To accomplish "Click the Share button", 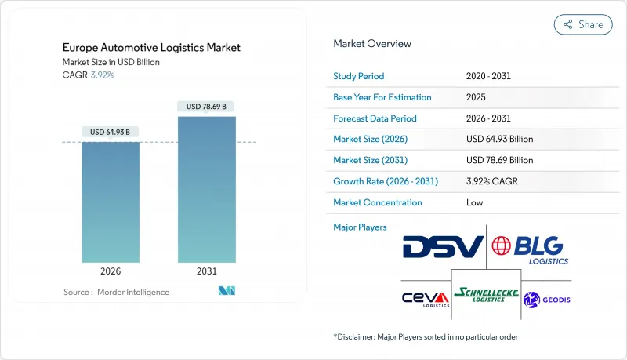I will tap(583, 24).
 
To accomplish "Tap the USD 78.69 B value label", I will tap(206, 106).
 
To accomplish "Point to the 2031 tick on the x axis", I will tap(206, 271).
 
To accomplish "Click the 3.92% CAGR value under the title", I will tap(102, 75).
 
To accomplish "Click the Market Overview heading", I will tap(372, 43).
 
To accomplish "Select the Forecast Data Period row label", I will tap(375, 118).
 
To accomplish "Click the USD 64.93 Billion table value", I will tap(499, 139).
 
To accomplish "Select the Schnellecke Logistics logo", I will tap(485, 295).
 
